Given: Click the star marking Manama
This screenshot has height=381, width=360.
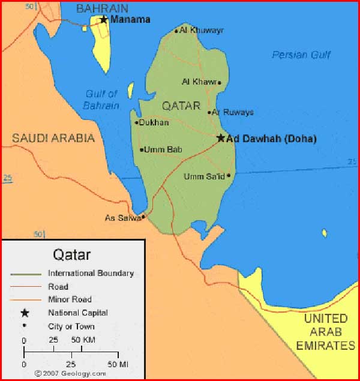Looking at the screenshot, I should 103,19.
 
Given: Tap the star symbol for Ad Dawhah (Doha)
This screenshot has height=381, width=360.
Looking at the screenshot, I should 221,138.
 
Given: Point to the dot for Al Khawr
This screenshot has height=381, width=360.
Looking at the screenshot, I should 219,83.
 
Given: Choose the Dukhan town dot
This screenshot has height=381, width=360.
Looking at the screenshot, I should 137,122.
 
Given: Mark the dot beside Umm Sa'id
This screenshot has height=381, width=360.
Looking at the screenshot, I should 229,175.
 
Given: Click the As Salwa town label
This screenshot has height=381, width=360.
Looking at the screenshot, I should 122,218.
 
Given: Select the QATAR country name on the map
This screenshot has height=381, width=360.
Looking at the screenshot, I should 181,106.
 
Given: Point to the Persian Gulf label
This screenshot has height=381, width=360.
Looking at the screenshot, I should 301,55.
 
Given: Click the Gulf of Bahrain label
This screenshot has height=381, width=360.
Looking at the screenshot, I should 101,100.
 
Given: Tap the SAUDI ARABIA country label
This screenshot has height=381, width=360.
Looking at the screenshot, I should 53,138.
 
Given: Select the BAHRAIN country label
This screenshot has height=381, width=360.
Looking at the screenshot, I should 102,8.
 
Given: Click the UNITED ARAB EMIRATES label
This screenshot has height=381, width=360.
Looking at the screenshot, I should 325,332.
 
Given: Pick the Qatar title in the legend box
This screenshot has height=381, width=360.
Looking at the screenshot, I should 72,254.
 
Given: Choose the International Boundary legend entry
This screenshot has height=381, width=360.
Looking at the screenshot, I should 91,273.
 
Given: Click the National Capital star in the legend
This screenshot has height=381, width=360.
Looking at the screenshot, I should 25,313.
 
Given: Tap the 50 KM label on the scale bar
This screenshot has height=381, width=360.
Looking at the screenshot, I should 83,340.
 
